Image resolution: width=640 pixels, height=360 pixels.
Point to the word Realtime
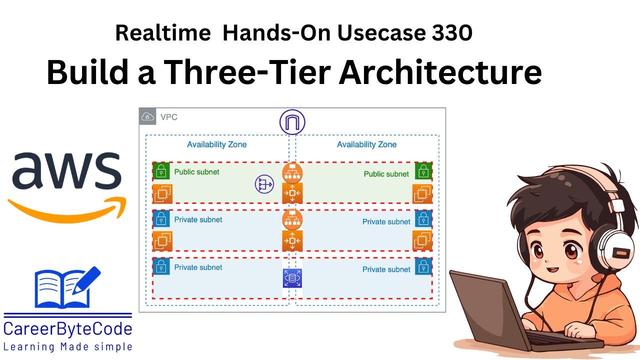coord(163,33)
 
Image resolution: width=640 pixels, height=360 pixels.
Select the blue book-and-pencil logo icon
coord(65,288)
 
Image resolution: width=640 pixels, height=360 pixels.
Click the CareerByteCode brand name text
coord(68,329)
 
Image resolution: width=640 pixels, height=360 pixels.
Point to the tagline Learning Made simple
coord(68,346)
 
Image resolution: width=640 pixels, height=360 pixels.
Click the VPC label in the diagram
coord(168,117)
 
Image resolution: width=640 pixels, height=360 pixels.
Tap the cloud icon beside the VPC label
coord(148,117)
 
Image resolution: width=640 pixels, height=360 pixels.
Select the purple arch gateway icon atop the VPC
coord(292,122)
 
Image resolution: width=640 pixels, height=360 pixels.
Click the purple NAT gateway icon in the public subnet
coord(264,184)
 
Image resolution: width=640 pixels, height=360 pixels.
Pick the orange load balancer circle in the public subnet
coord(292,172)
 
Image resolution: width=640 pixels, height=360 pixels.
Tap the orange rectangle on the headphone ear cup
coord(621,254)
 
